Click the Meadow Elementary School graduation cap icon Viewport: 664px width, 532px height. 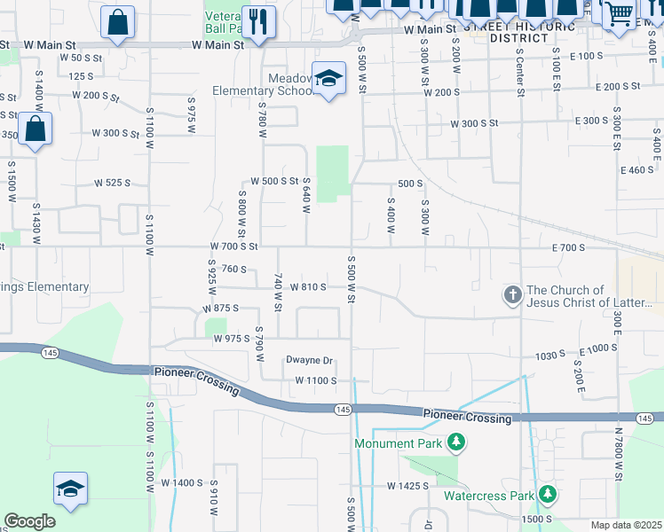point(328,80)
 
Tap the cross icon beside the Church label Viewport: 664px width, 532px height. point(512,295)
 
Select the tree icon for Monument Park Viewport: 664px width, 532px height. point(455,442)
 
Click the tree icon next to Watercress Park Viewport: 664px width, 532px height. point(548,494)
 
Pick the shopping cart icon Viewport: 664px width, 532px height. point(620,13)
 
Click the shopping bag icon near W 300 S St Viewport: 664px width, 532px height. point(35,129)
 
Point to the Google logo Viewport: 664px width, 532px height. point(29,521)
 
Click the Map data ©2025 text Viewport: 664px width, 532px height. point(626,525)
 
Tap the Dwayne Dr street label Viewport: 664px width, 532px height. point(308,360)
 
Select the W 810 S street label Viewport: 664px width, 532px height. point(308,286)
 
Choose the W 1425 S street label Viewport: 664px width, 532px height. point(407,486)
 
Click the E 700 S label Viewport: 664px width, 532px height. point(568,247)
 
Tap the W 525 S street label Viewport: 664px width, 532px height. point(113,184)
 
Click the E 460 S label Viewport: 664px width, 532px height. point(636,169)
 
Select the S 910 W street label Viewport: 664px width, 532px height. point(214,501)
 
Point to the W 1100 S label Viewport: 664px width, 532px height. point(316,380)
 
